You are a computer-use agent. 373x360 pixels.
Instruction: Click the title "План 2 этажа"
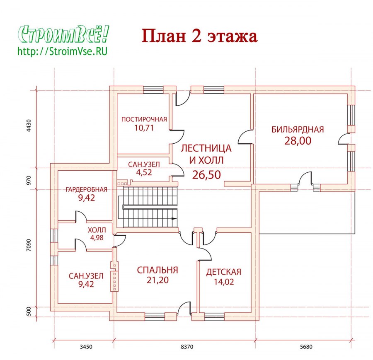pyautogui.click(x=199, y=36)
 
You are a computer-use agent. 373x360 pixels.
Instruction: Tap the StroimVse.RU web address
pyautogui.click(x=63, y=51)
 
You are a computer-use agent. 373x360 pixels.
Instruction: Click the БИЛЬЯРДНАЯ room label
pyautogui.click(x=298, y=130)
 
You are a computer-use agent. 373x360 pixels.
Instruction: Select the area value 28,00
pyautogui.click(x=298, y=141)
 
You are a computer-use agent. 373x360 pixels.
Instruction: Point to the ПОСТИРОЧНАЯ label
pyautogui.click(x=144, y=119)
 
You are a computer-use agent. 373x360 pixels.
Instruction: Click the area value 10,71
pyautogui.click(x=144, y=128)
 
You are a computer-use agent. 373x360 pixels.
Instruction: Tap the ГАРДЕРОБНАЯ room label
pyautogui.click(x=86, y=189)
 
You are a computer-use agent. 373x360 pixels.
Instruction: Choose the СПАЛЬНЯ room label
pyautogui.click(x=157, y=270)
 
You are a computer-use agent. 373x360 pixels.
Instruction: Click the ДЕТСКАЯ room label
pyautogui.click(x=224, y=272)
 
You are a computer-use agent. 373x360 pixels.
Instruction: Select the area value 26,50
pyautogui.click(x=206, y=175)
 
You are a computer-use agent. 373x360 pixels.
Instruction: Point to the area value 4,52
pyautogui.click(x=144, y=172)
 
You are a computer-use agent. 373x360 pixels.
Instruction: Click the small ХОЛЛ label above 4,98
pyautogui.click(x=97, y=230)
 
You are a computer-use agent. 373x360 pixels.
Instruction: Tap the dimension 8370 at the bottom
pyautogui.click(x=187, y=347)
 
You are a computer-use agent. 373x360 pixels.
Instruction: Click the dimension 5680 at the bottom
pyautogui.click(x=306, y=347)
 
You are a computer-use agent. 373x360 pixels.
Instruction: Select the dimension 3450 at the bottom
pyautogui.click(x=86, y=347)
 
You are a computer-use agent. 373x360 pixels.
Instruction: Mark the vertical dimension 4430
pyautogui.click(x=29, y=126)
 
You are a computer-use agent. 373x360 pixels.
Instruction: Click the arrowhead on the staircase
pyautogui.click(x=174, y=218)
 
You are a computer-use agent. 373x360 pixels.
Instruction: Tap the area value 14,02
pyautogui.click(x=224, y=282)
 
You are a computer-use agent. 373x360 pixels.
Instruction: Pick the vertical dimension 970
pyautogui.click(x=29, y=181)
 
